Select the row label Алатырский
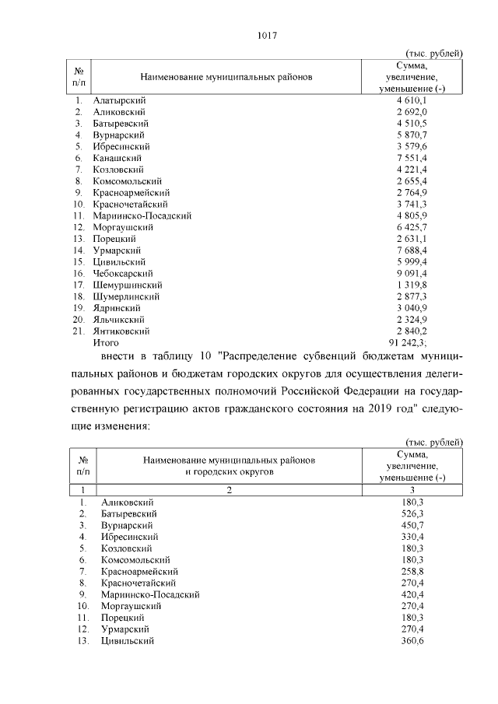coord(119,100)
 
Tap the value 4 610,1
coord(413,100)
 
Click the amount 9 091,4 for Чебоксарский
coord(413,273)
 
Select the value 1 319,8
coord(413,285)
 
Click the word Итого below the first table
coord(106,342)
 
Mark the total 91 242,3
coord(412,342)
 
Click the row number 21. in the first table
coord(79,331)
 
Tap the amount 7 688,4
coord(413,250)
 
